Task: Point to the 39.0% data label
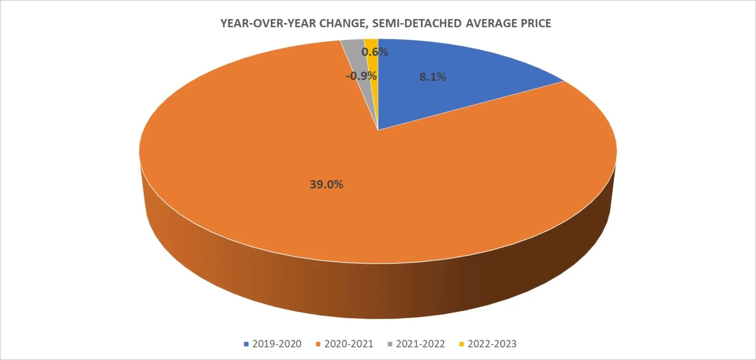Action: [327, 185]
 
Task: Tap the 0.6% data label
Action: [375, 52]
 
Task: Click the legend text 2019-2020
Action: [277, 344]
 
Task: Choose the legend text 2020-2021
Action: [349, 344]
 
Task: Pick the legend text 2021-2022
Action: [421, 344]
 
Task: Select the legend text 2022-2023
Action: [493, 344]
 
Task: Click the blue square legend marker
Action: [246, 344]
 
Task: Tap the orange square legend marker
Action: [318, 344]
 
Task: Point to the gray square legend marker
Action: [391, 344]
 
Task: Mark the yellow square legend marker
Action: [463, 344]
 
